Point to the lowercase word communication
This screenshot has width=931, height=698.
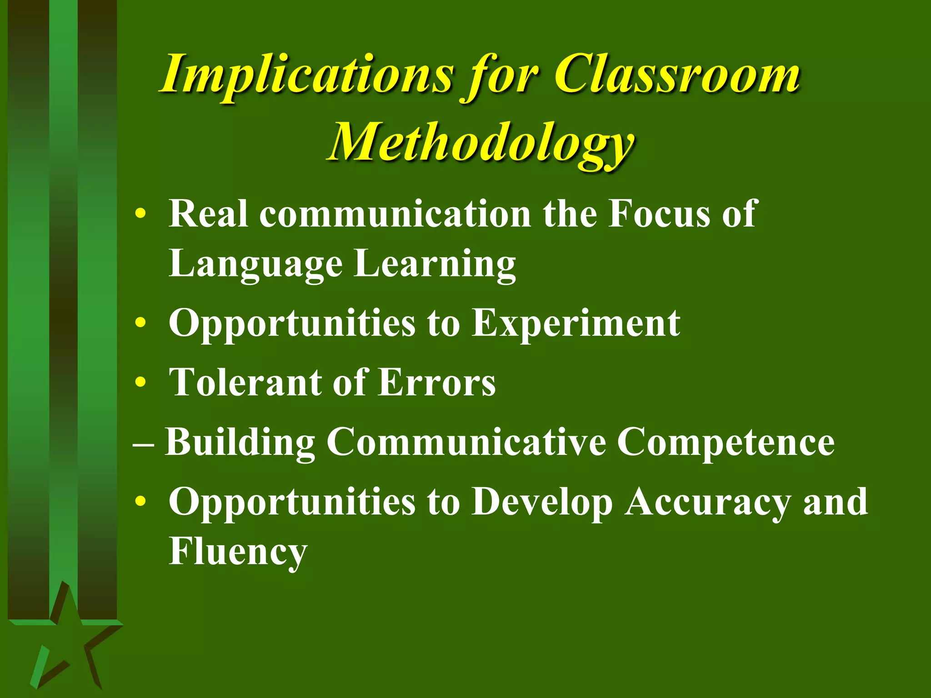tap(395, 214)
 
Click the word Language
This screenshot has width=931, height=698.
tap(255, 264)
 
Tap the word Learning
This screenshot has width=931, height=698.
tap(435, 264)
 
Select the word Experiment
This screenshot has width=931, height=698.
tap(576, 323)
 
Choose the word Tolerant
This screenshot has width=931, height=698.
tap(245, 382)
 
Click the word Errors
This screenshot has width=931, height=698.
tap(437, 382)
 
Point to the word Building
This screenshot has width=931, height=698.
tap(240, 442)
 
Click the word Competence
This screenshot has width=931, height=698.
tap(726, 442)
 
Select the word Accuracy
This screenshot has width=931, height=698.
tap(707, 502)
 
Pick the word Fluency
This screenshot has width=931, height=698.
tap(238, 552)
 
